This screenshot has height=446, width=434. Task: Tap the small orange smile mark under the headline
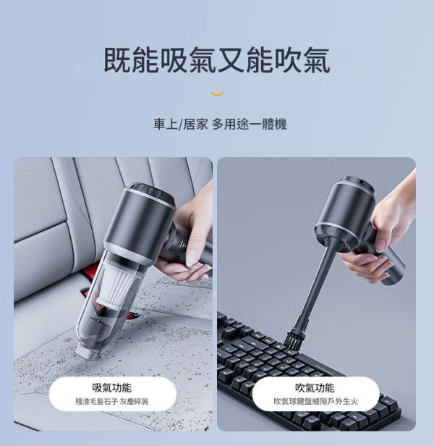pos(216,93)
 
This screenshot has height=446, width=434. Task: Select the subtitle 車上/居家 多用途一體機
pos(220,125)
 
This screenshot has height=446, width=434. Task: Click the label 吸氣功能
pos(111,388)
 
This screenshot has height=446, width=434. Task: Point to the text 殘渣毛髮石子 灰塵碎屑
pos(111,401)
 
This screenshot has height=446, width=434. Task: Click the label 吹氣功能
pos(315,388)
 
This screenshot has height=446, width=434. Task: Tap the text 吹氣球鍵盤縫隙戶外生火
pos(315,401)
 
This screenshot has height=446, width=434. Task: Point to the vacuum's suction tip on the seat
pos(85,350)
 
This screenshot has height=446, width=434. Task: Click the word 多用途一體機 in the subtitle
pos(250,125)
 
